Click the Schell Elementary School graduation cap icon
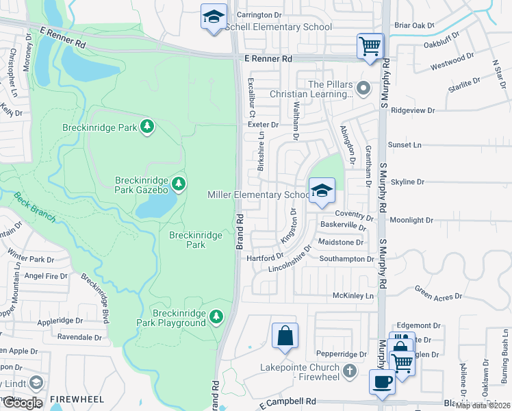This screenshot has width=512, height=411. [x=214, y=16]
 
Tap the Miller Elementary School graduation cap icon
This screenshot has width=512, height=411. [x=321, y=192]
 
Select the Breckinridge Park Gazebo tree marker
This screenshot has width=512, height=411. [x=179, y=183]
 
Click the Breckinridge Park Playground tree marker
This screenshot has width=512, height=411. [x=216, y=316]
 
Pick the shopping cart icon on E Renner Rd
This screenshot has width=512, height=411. [x=370, y=47]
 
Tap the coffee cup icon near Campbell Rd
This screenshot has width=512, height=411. [x=382, y=381]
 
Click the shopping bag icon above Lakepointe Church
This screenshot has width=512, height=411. [x=285, y=336]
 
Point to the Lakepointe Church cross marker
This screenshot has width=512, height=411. [x=350, y=371]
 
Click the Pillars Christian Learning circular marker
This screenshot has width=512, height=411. [x=364, y=87]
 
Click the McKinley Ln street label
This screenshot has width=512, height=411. [x=353, y=296]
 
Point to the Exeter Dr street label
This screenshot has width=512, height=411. [x=264, y=125]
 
